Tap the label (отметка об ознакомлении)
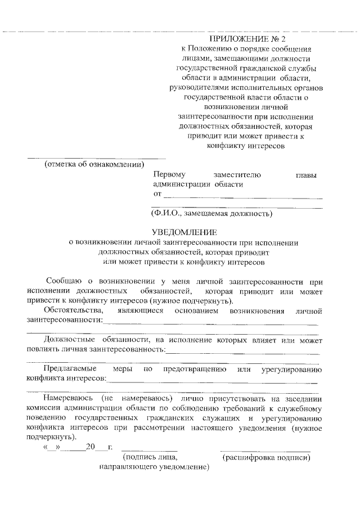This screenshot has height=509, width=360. (94, 165)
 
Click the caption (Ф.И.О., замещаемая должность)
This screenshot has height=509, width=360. (211, 214)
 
